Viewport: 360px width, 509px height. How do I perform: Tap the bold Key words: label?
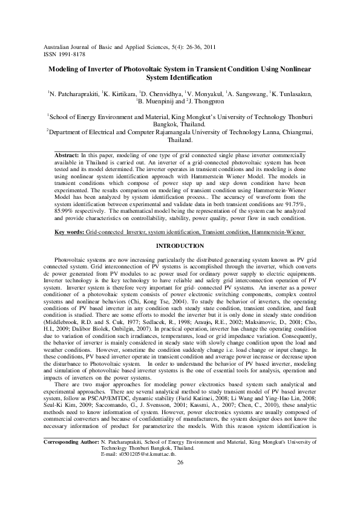click(69, 216)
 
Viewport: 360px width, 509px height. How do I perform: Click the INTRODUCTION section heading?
click(180, 230)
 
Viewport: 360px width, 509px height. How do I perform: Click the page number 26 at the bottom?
click(180, 496)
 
